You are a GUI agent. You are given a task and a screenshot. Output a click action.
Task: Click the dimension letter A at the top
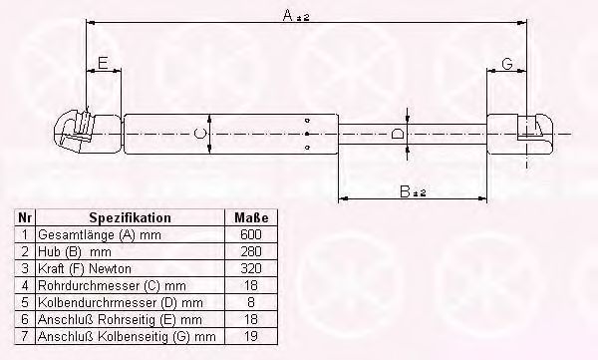point(288,15)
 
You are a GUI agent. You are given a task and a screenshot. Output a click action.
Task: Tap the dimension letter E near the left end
point(103,63)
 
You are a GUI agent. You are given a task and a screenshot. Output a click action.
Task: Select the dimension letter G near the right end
point(507,64)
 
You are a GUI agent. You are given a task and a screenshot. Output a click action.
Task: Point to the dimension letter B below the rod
point(405,191)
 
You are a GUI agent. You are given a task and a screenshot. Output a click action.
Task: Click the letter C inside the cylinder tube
point(200,134)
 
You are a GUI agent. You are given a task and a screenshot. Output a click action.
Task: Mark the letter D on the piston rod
point(398,134)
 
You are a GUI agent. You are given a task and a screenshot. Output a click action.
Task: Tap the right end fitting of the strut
point(520,134)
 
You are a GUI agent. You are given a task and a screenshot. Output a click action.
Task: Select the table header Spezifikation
point(130,218)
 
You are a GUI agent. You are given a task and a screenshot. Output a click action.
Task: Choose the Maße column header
point(251,218)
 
